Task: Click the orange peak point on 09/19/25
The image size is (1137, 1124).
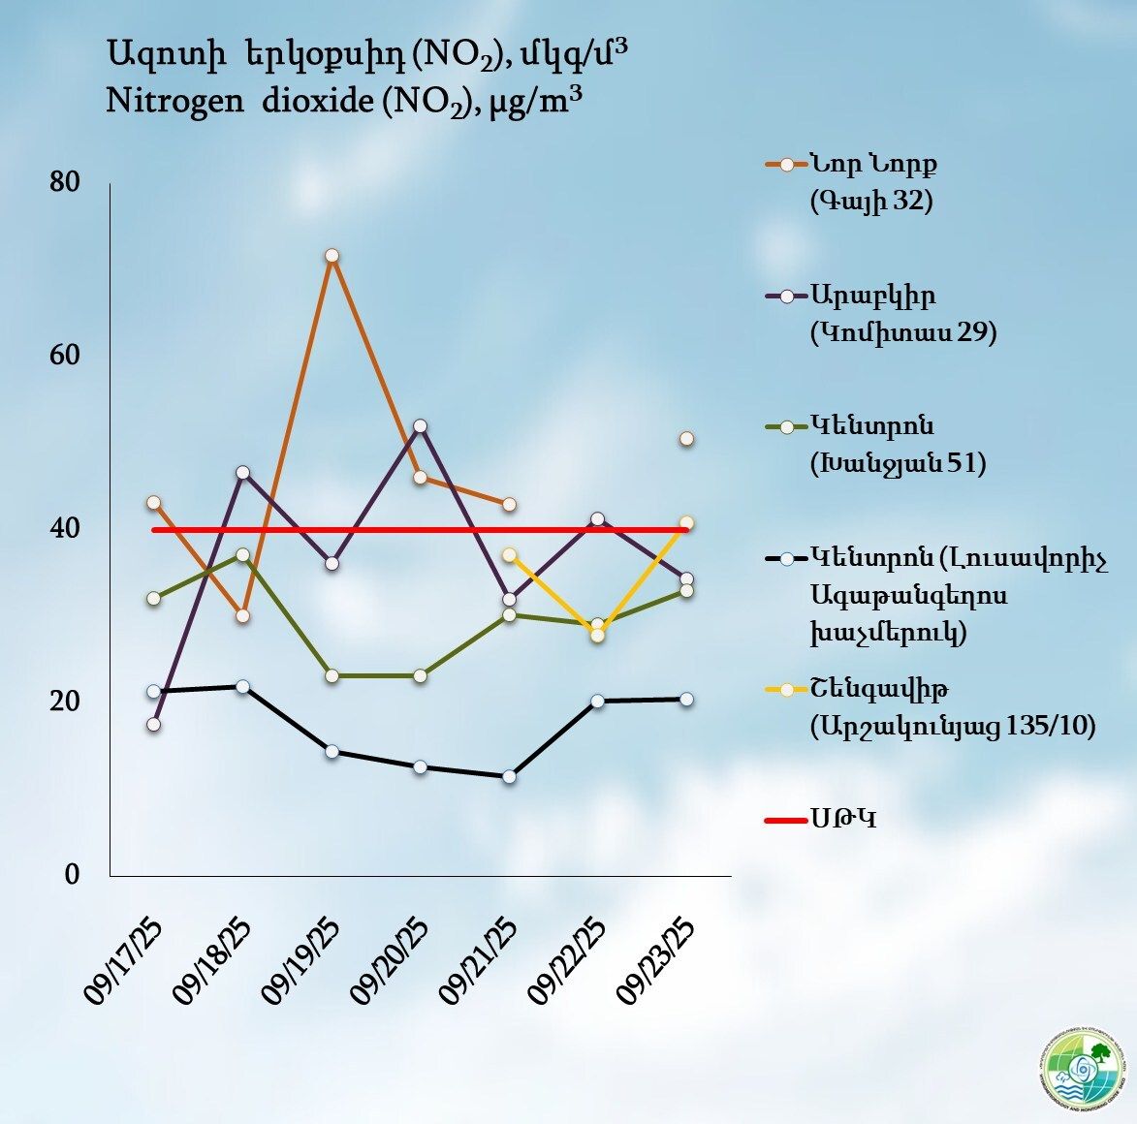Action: click(332, 256)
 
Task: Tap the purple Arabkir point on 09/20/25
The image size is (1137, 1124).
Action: click(420, 426)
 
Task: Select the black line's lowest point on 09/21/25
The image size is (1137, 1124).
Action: click(509, 777)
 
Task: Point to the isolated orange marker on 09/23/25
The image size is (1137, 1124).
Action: click(686, 439)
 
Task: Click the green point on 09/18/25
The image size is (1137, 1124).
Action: click(242, 555)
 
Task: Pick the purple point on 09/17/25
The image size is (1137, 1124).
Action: click(153, 725)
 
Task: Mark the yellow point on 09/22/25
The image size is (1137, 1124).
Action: click(597, 636)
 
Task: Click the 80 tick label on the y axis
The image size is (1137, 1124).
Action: click(65, 182)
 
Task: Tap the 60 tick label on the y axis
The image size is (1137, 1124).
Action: click(65, 356)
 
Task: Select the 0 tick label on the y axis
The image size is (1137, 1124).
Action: click(72, 874)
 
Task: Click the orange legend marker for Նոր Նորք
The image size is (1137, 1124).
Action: click(786, 164)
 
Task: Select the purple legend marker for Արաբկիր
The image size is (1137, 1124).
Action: click(786, 296)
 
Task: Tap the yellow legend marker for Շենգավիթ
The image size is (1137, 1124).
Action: click(786, 690)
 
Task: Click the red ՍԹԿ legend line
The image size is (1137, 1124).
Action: click(786, 821)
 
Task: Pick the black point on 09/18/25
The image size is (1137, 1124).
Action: click(242, 687)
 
